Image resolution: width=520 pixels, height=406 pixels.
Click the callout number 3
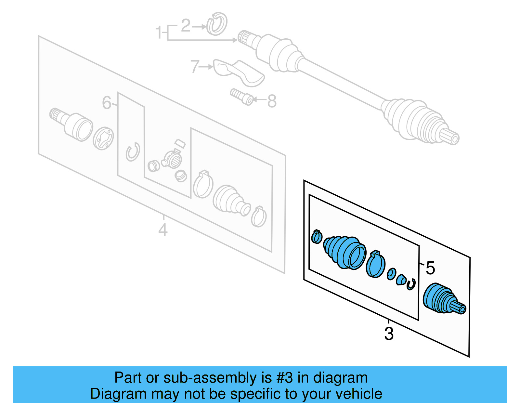tap(389, 334)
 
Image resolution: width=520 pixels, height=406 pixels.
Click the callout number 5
tap(430, 268)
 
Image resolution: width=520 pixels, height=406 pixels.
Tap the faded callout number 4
tap(163, 230)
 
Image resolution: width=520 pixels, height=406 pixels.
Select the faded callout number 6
tap(107, 103)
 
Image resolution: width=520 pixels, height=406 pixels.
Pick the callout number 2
tap(186, 26)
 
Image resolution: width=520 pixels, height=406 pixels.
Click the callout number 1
tap(158, 33)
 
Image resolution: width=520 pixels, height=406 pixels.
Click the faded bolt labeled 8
tap(241, 97)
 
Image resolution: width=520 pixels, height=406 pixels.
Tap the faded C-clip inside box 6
tap(133, 152)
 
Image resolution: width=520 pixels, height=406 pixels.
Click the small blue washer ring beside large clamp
tap(391, 274)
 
